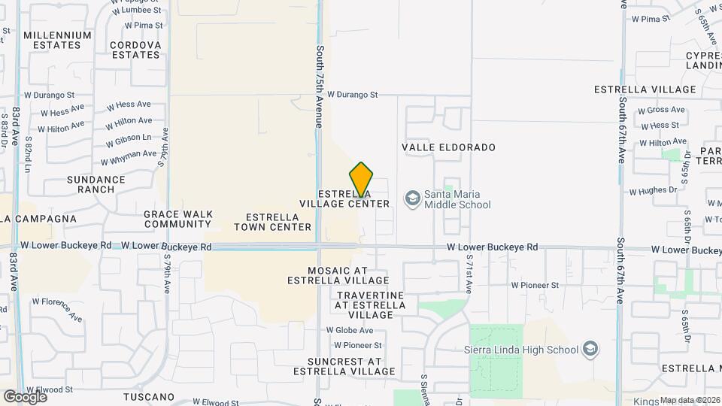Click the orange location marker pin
(x=361, y=180)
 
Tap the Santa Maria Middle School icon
(x=412, y=198)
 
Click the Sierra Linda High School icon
(x=591, y=349)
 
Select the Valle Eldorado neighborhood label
(x=449, y=147)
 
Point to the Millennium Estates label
(x=57, y=40)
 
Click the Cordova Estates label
(x=135, y=50)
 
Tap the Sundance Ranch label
(x=96, y=184)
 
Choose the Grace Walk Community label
(x=177, y=219)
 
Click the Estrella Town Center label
(x=272, y=222)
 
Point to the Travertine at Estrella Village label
(x=370, y=304)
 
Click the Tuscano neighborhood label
(x=149, y=396)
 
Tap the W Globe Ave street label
(x=349, y=330)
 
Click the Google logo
(x=25, y=396)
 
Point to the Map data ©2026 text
(x=690, y=400)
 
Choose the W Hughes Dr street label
(x=653, y=191)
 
